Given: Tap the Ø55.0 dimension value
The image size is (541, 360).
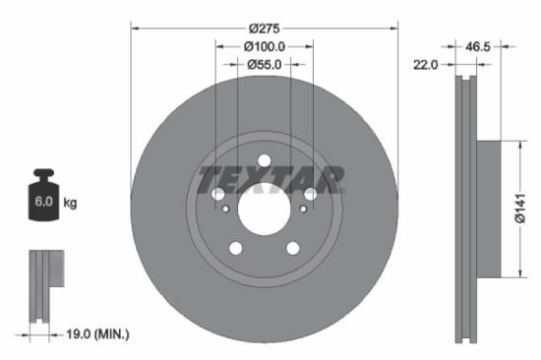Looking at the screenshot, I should click(264, 64).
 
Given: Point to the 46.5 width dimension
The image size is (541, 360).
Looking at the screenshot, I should click(478, 45).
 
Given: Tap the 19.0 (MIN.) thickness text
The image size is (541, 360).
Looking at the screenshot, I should click(94, 335).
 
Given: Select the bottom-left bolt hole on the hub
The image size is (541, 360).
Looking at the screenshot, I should click(235, 248).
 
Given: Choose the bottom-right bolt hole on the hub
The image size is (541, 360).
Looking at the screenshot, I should click(292, 248).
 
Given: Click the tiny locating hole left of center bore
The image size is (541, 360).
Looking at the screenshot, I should click(227, 209).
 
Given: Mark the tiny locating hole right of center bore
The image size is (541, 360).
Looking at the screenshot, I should click(301, 209).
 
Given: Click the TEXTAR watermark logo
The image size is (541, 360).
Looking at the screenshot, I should click(272, 180).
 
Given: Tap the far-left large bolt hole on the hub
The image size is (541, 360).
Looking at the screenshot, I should click(217, 195).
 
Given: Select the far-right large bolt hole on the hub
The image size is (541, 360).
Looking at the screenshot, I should click(310, 195).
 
